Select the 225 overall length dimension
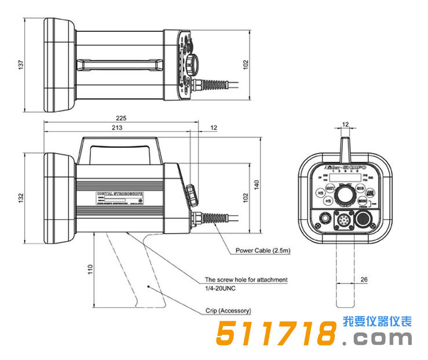[120, 118]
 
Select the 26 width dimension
[364, 279]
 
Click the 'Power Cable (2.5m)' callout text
[263, 251]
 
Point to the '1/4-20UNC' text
[221, 288]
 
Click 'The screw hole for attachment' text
[246, 279]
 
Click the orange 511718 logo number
[276, 334]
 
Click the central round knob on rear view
[346, 195]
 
